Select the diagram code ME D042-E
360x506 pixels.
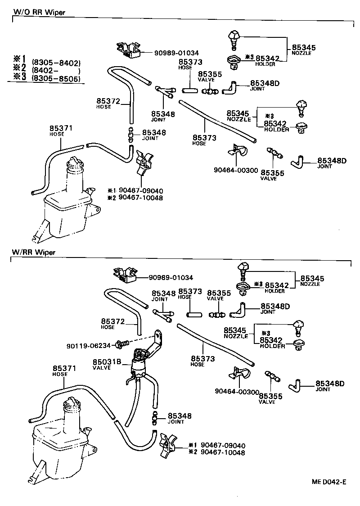coord(329,482)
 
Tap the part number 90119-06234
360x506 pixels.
coord(89,345)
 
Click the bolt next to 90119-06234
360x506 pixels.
coord(121,344)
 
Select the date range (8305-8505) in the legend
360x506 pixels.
coord(56,79)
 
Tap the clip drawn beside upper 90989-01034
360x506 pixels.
coord(128,50)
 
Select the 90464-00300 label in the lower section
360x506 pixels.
coord(237,392)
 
